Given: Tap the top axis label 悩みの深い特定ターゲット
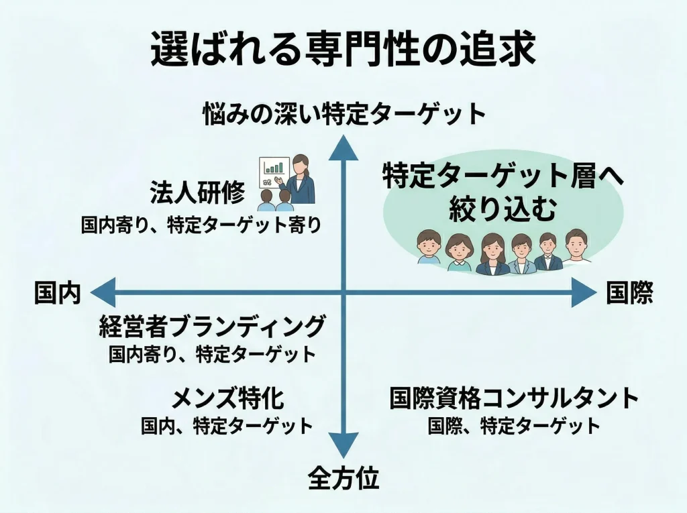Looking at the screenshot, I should click(x=344, y=115).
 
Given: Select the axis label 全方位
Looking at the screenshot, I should click(x=343, y=478).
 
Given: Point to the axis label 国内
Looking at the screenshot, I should click(x=58, y=294).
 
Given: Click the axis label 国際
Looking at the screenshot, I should click(x=629, y=294).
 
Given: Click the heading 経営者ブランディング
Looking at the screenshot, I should click(x=212, y=328).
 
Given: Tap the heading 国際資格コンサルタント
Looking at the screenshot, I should click(x=514, y=399).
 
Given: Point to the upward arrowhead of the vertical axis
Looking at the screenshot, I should click(x=344, y=146).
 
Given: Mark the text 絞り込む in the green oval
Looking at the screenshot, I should click(x=503, y=210).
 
